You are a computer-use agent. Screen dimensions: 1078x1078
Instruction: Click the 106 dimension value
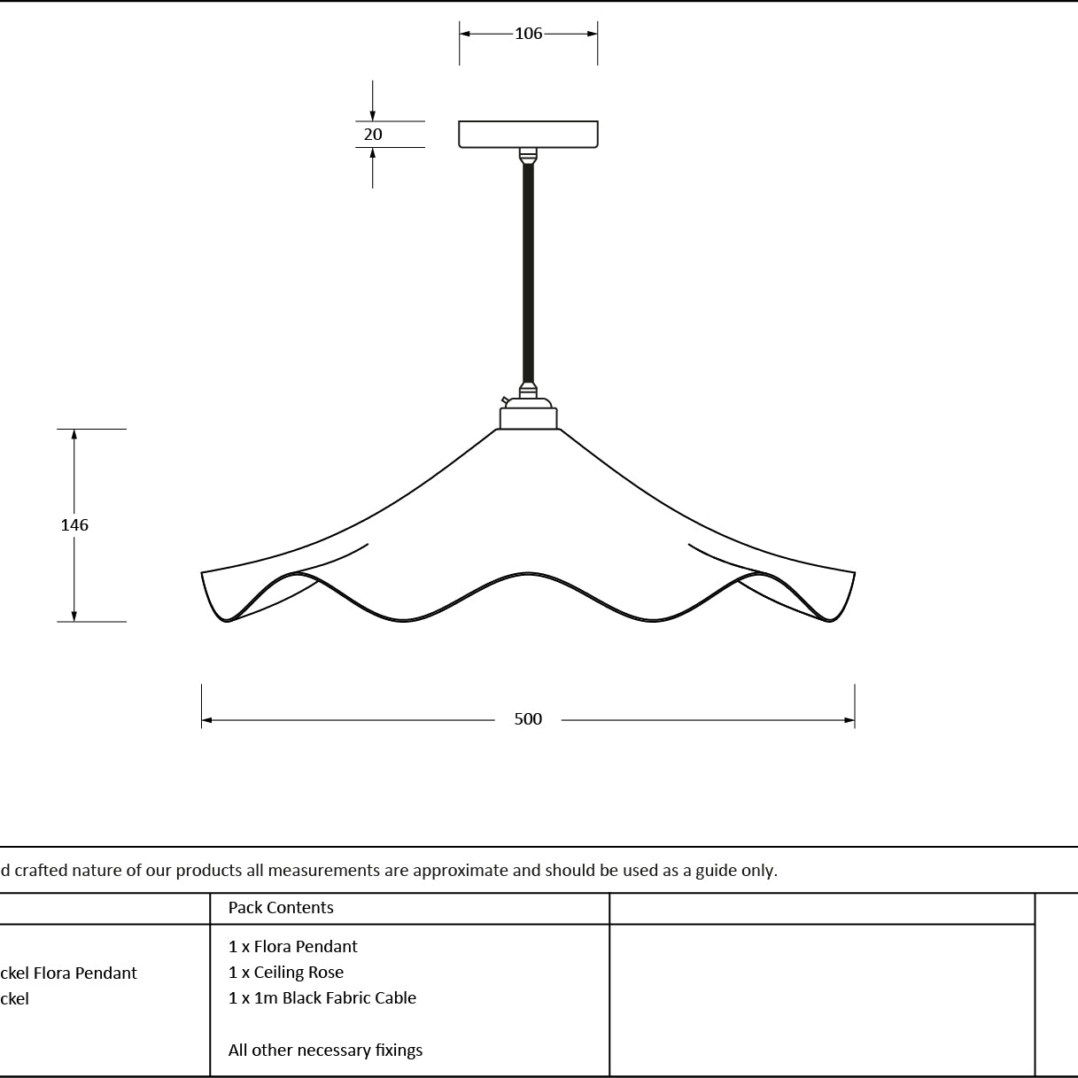pos(528,34)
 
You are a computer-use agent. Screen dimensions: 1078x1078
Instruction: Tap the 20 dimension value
pos(373,135)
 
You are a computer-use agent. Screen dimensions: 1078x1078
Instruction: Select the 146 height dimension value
pos(74,524)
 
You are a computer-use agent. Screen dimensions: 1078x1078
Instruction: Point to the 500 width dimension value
pos(528,719)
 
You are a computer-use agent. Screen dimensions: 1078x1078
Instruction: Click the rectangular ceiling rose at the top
pos(528,135)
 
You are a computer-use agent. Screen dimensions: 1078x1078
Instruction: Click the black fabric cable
pos(528,273)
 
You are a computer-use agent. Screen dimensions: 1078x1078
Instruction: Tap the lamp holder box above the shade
pos(528,418)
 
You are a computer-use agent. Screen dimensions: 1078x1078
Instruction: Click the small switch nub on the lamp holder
pos(505,400)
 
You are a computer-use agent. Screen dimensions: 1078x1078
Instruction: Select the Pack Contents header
pos(281,907)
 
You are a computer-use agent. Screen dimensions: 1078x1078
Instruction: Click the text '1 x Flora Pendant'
pos(292,947)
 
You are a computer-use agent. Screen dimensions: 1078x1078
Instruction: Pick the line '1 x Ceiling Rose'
pos(286,973)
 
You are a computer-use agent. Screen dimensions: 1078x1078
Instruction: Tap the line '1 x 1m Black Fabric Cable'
pos(322,998)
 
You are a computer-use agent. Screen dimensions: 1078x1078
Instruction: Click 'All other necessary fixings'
pos(325,1050)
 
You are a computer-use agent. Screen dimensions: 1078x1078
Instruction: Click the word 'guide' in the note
pos(713,871)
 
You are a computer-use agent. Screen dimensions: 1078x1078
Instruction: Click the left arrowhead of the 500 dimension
pos(206,720)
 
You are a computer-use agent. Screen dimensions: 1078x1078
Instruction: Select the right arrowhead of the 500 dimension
pos(849,720)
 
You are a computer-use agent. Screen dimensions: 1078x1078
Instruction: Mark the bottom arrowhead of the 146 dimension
pos(74,616)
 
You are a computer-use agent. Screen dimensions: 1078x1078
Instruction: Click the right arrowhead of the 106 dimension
pos(593,34)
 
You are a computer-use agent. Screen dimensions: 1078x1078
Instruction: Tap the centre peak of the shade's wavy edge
pos(528,573)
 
